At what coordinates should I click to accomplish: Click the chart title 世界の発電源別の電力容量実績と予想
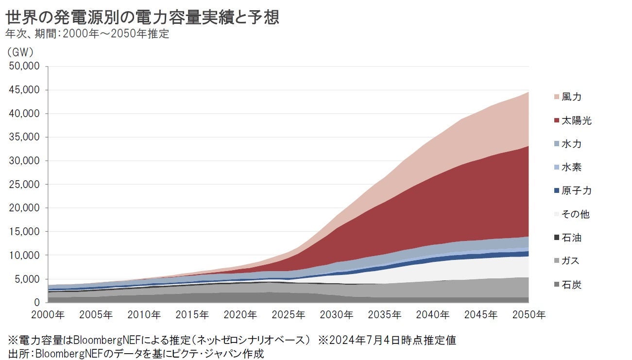point(142,18)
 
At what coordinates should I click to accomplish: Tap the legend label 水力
point(571,144)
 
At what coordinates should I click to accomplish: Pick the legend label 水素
point(571,168)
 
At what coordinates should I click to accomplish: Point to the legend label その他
point(576,214)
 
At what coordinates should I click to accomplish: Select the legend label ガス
point(571,261)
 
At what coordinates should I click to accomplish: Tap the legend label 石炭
point(571,285)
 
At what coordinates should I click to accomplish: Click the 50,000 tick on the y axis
point(25,67)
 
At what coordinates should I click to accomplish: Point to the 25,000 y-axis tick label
point(25,185)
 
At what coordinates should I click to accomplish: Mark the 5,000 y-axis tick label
point(27,279)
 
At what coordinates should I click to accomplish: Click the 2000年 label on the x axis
point(48,315)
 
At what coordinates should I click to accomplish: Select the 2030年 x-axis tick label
point(337,315)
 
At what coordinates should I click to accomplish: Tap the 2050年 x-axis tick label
point(529,315)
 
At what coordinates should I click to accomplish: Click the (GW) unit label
point(20,51)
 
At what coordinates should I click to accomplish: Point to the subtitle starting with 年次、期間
point(87,34)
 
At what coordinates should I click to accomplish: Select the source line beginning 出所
point(136,353)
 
